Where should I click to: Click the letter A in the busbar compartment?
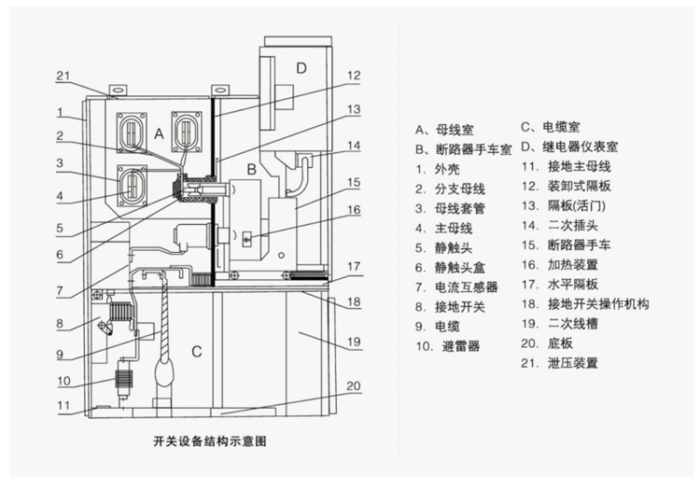(x=159, y=134)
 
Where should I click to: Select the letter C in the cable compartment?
(x=196, y=351)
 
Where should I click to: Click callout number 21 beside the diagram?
(x=63, y=76)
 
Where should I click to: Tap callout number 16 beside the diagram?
(x=354, y=210)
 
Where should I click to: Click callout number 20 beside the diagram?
(x=354, y=385)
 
